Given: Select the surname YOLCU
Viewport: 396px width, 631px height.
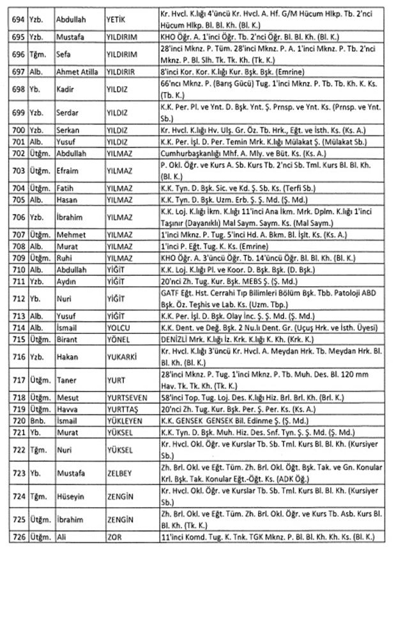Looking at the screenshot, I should pyautogui.click(x=121, y=326).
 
